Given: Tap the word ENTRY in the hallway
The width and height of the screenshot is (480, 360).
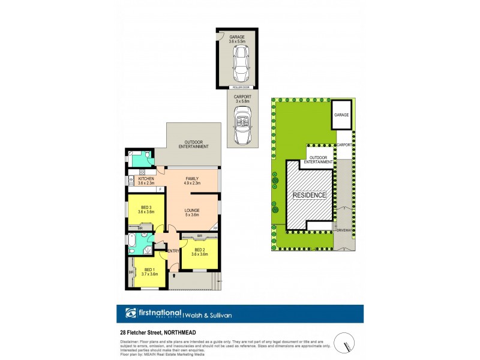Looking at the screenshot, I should pos(173,251).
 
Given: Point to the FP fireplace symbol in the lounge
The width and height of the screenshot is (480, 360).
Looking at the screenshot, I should pos(215,228).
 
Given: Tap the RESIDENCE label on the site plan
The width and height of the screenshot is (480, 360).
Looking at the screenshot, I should pos(309,195).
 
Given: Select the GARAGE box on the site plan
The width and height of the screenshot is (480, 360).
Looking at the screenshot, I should pos(341,115).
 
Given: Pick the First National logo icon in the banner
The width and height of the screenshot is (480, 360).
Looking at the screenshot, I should pos(131,313).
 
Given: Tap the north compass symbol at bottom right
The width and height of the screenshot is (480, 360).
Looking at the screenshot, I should pos(346,342).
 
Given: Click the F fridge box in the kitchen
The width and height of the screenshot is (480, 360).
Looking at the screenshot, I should pos(160,190).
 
